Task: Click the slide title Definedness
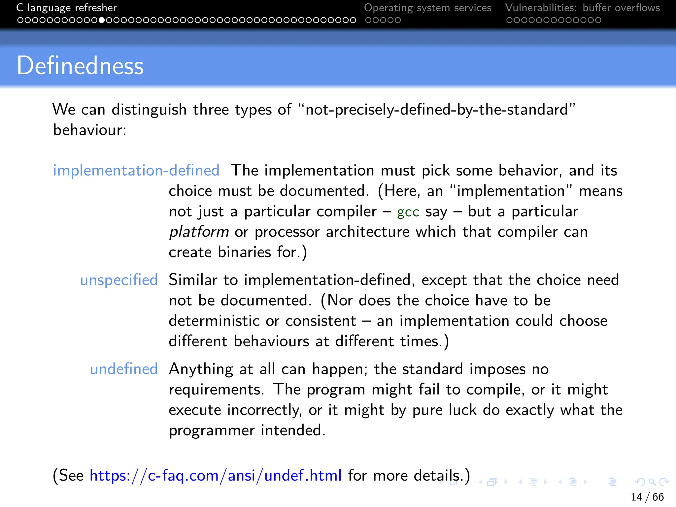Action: pyautogui.click(x=80, y=66)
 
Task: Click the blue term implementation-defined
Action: pyautogui.click(x=136, y=171)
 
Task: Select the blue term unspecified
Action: pyautogui.click(x=119, y=280)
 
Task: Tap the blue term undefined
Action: pyautogui.click(x=124, y=369)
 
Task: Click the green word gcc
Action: pyautogui.click(x=408, y=212)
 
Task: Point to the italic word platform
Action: pyautogui.click(x=199, y=232)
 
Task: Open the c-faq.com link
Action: pyautogui.click(x=216, y=476)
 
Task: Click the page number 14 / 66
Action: pyautogui.click(x=647, y=497)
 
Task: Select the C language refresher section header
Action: pyautogui.click(x=67, y=8)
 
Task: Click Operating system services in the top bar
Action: pyautogui.click(x=427, y=8)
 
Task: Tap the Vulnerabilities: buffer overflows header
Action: pyautogui.click(x=582, y=8)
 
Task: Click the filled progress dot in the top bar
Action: pyautogui.click(x=102, y=20)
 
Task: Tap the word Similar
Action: pyautogui.click(x=193, y=280)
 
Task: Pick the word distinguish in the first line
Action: pyautogui.click(x=149, y=110)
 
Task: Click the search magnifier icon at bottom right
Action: pyautogui.click(x=652, y=482)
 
